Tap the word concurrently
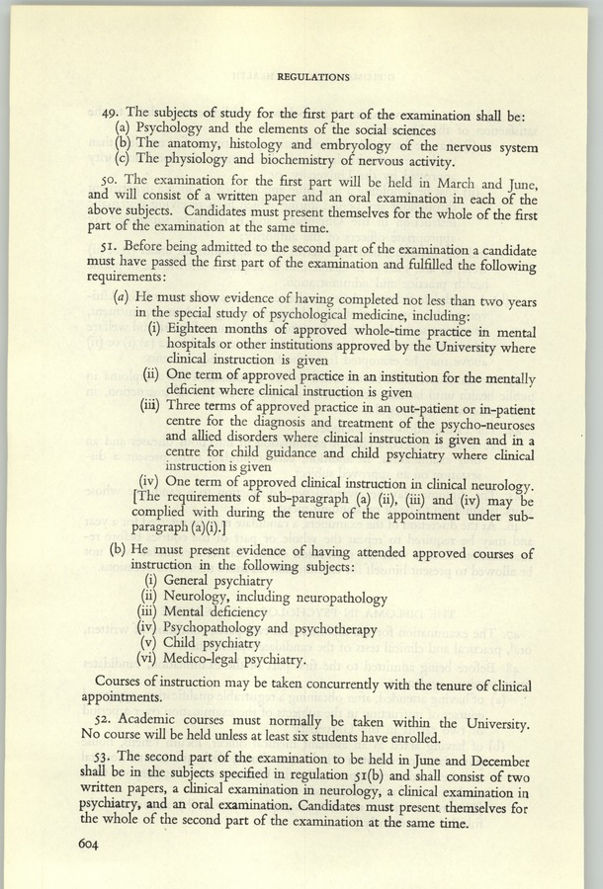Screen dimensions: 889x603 click(x=327, y=685)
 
